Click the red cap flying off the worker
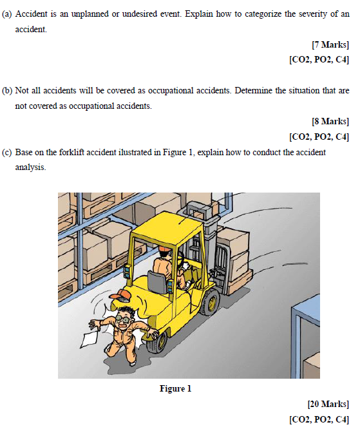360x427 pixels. click(120, 296)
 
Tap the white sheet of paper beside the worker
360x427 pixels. click(90, 336)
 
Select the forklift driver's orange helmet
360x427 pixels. click(165, 249)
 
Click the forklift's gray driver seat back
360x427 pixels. click(156, 282)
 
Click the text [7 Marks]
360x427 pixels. click(330, 45)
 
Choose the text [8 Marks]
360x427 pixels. click(330, 121)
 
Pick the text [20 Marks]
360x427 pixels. click(328, 404)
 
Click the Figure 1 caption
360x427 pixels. click(176, 388)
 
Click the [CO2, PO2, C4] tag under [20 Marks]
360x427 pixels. click(319, 419)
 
